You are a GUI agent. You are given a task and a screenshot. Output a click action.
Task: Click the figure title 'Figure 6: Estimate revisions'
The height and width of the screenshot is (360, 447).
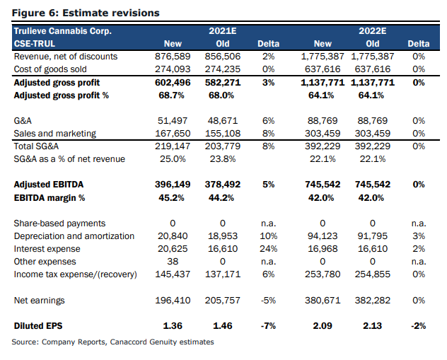pyautogui.click(x=86, y=13)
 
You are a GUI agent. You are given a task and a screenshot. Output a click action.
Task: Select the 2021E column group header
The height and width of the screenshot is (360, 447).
pyautogui.click(x=223, y=31)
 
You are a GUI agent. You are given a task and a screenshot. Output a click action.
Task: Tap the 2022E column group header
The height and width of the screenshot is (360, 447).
pyautogui.click(x=372, y=31)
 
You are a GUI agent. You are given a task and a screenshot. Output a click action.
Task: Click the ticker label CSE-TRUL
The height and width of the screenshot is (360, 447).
pyautogui.click(x=35, y=44)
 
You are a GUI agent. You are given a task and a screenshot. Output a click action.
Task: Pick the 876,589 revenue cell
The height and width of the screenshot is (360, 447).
pyautogui.click(x=173, y=57)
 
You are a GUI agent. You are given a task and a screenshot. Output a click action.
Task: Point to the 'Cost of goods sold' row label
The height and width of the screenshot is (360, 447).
pyautogui.click(x=50, y=69)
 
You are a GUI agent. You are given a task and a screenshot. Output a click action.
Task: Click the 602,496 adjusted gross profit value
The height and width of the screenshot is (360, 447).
pyautogui.click(x=173, y=83)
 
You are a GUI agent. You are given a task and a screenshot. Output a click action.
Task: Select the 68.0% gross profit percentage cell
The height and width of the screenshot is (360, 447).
pyautogui.click(x=221, y=95)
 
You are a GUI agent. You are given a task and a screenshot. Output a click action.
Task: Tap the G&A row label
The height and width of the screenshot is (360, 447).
pyautogui.click(x=23, y=120)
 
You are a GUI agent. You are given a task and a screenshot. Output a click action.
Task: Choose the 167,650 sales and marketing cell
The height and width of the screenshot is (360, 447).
pyautogui.click(x=173, y=134)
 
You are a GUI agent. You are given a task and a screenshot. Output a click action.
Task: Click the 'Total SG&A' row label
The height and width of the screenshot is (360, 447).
pyautogui.click(x=36, y=146)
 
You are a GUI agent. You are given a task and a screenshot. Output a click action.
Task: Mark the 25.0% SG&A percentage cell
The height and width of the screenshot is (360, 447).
pyautogui.click(x=173, y=158)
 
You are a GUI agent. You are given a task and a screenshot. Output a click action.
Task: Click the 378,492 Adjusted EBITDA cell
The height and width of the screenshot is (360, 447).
pyautogui.click(x=223, y=185)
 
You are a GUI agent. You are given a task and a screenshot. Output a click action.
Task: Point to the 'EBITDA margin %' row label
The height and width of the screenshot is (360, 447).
pyautogui.click(x=50, y=198)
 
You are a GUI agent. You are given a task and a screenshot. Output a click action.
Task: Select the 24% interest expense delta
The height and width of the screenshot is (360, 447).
pyautogui.click(x=269, y=249)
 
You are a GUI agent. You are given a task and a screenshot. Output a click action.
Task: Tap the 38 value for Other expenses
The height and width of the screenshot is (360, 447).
pyautogui.click(x=173, y=262)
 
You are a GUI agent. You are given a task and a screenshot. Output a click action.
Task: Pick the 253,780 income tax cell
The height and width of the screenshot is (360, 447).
pyautogui.click(x=323, y=274)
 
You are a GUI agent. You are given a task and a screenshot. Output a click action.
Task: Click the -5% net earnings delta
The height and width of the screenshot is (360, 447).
pyautogui.click(x=268, y=301)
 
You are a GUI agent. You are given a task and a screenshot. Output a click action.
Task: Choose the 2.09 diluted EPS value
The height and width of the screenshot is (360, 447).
pyautogui.click(x=323, y=326)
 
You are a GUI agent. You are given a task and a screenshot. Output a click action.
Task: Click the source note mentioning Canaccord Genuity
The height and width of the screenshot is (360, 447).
pyautogui.click(x=113, y=342)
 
